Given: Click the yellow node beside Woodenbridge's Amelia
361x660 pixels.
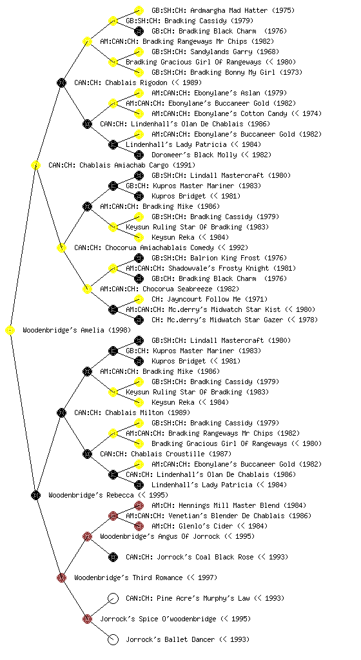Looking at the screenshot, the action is pos(10,331).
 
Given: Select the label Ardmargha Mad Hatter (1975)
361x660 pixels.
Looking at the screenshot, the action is pos(223,10).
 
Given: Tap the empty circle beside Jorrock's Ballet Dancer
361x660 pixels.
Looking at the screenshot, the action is pos(113,640).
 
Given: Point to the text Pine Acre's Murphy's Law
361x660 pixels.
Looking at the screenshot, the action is pos(203,598).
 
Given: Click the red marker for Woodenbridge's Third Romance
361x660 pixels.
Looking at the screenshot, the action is pos(61,577).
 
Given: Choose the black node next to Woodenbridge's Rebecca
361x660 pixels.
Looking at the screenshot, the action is pos(35,495).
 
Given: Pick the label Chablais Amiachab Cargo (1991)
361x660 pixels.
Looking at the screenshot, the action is pos(122,166).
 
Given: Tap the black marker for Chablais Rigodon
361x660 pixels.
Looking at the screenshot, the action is pos(61,82).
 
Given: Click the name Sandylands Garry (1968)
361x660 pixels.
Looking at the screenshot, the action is pos(215,52).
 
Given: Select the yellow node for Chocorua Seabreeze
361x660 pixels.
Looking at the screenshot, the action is pos(87,289).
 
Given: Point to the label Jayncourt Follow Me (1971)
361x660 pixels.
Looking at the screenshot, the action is pos(210,299).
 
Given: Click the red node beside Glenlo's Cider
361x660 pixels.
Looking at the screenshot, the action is pos(139,526).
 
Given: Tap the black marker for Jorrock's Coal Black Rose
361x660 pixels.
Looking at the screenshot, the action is pos(113,558).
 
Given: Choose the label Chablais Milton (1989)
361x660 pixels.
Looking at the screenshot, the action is pos(132,413).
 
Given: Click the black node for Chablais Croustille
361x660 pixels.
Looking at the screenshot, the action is pos(87,454).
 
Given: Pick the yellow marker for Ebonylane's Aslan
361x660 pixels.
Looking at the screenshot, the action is pos(139,93).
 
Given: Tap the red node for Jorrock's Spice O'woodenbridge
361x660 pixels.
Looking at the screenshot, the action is pos(87,619).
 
